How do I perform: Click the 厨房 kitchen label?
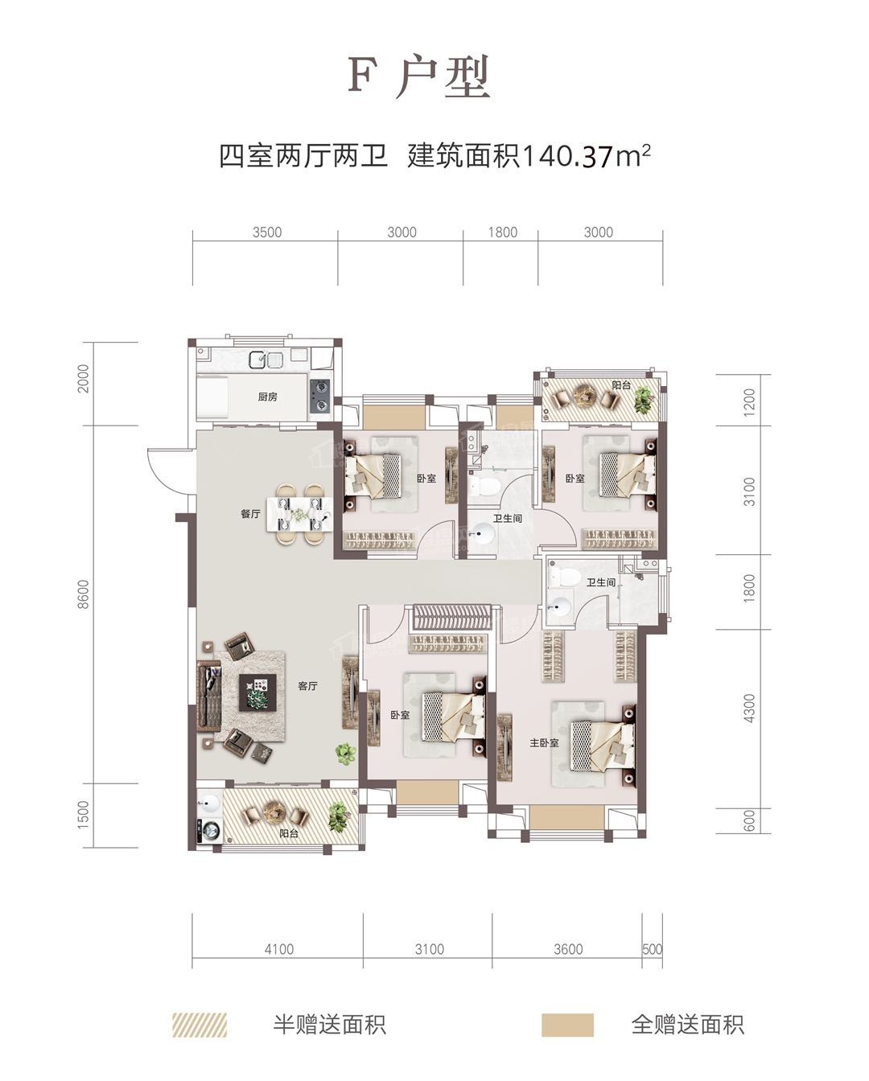[x=267, y=397]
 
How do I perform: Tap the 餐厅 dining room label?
[x=250, y=514]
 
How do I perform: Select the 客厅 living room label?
[x=307, y=686]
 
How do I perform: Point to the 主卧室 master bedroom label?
[x=544, y=743]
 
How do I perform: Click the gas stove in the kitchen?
[x=320, y=395]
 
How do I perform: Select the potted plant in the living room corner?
[x=345, y=754]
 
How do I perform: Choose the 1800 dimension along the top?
[x=502, y=232]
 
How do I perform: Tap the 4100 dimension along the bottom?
[x=278, y=949]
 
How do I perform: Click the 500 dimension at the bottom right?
[x=653, y=949]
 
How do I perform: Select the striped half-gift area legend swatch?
[x=200, y=1025]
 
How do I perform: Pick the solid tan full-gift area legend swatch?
[x=567, y=1025]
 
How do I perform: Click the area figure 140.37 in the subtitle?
[x=567, y=155]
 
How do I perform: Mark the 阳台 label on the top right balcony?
[x=620, y=385]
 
